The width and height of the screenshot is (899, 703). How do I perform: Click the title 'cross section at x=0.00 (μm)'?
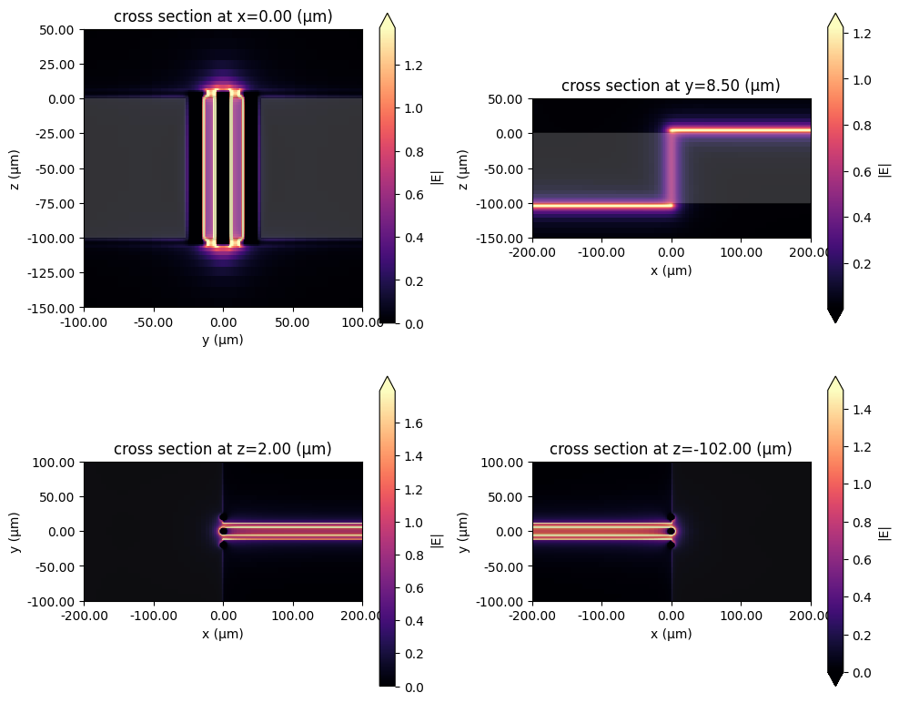[x=223, y=15]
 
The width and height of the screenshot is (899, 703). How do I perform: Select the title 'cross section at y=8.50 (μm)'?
[x=671, y=86]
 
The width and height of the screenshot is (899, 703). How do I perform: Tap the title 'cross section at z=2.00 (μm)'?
[x=223, y=449]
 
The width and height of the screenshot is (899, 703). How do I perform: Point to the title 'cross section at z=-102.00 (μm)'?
[x=671, y=449]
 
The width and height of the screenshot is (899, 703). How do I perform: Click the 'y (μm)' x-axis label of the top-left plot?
[x=223, y=340]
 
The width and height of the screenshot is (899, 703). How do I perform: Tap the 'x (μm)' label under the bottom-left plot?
[x=223, y=634]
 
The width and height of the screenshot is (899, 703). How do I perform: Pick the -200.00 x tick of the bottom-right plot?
[x=532, y=616]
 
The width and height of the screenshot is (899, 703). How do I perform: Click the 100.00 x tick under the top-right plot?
[x=741, y=253]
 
